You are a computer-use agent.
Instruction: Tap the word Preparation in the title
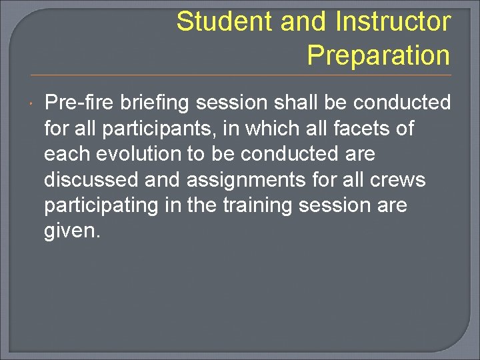(x=379, y=55)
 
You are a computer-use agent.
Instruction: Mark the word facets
(x=364, y=128)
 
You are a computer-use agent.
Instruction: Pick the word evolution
(x=139, y=154)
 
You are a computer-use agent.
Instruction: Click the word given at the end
(x=71, y=231)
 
